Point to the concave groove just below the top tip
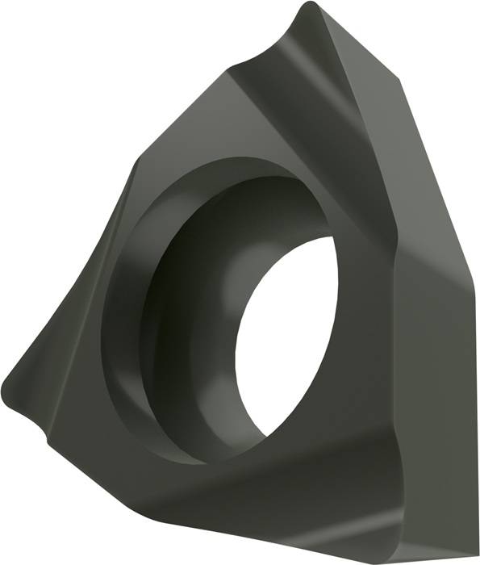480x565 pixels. (x=290, y=56)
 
